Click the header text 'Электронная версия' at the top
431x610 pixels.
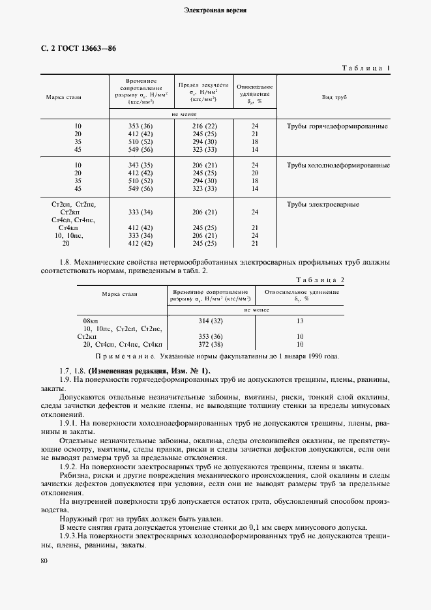[x=215, y=11]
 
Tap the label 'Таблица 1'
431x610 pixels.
[x=365, y=68]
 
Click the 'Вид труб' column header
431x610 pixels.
[x=334, y=97]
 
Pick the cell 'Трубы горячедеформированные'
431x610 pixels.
[x=337, y=126]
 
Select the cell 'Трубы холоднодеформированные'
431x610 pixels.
[x=338, y=165]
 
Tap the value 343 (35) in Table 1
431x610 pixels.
[x=141, y=165]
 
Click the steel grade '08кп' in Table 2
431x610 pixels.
[x=90, y=321]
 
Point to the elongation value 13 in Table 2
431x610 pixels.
[x=300, y=321]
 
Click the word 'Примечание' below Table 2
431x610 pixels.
[x=124, y=356]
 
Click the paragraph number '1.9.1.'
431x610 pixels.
[x=69, y=423]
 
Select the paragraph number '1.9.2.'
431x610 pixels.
[x=69, y=467]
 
